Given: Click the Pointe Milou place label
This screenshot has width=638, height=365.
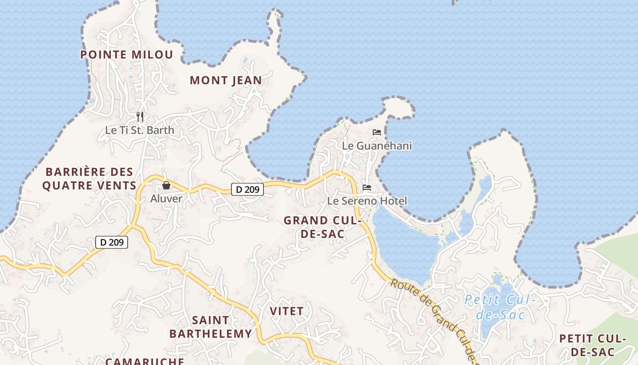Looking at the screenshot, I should click(x=127, y=55).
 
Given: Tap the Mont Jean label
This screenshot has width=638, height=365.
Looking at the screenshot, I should click(x=226, y=81).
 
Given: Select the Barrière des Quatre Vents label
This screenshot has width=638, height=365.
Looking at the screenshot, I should click(x=89, y=179).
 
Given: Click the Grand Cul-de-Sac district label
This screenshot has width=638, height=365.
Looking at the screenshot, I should click(x=322, y=227).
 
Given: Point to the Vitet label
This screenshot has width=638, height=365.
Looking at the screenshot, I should click(x=287, y=311).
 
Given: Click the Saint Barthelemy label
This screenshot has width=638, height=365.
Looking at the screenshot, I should click(x=211, y=327).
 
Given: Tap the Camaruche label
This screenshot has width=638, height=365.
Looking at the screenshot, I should click(x=145, y=361).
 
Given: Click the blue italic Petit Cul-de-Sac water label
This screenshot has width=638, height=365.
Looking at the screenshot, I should click(x=500, y=307).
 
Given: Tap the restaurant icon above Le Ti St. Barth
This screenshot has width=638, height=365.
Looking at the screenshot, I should click(x=140, y=117).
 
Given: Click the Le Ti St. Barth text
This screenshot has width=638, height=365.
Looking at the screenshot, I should click(x=139, y=130).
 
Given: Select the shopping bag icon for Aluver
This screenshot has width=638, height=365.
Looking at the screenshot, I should click(x=166, y=185).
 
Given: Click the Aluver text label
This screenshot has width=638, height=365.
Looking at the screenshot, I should click(x=166, y=198).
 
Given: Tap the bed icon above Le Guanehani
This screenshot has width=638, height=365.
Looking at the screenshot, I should click(x=377, y=132).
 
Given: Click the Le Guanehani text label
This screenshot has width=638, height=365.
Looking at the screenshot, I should click(x=377, y=146).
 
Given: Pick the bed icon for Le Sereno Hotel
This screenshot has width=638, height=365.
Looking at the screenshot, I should click(x=367, y=188).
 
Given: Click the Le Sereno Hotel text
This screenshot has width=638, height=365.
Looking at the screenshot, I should click(x=367, y=201).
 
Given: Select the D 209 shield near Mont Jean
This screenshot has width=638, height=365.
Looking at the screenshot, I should click(x=247, y=189).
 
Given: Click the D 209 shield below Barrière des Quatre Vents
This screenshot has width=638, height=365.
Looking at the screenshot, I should click(x=112, y=242).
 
